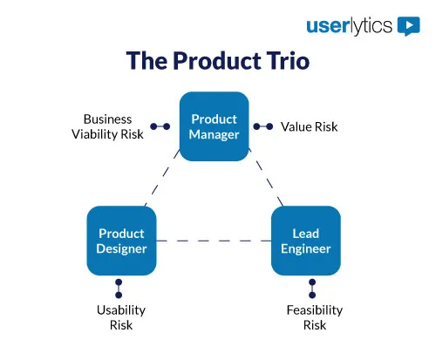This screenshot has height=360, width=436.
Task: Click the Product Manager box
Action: pos(214,126)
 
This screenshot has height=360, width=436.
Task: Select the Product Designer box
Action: pos(121,241)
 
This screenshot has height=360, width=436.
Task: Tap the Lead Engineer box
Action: pos(305,241)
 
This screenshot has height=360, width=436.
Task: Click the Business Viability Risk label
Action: pos(107,126)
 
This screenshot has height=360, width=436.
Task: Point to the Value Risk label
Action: pos(309,126)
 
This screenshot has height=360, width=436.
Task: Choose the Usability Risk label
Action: pos(121,317)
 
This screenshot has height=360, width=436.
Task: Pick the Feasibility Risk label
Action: pos(314,317)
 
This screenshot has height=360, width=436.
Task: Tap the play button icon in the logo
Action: pos(408,25)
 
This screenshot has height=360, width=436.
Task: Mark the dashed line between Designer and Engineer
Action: pos(214,241)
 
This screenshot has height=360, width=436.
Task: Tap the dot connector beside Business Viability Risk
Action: pos(160,126)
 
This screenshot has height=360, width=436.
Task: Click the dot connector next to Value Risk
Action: pos(263,126)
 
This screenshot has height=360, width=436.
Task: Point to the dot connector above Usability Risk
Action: pos(119,289)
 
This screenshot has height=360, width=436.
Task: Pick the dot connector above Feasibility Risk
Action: pos(311,289)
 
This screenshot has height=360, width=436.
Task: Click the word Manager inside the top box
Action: pos(215,134)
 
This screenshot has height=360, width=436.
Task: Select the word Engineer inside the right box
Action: pos(305,248)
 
